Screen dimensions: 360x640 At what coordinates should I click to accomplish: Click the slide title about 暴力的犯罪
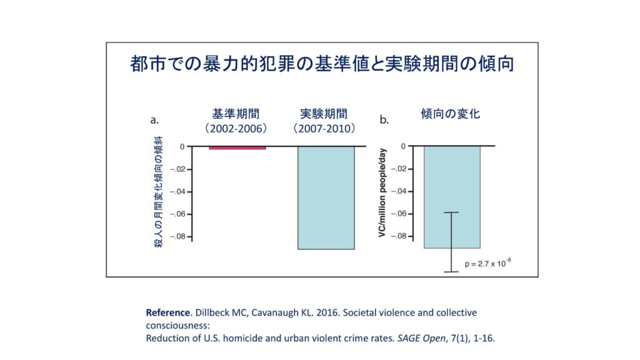click(322, 64)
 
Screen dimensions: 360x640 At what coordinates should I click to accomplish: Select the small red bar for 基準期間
click(237, 147)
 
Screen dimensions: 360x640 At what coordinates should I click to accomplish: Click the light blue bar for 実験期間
click(325, 197)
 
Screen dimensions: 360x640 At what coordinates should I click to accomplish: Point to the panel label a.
click(154, 119)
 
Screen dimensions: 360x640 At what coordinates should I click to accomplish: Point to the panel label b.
click(384, 119)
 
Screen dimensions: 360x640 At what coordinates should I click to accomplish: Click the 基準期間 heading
click(236, 114)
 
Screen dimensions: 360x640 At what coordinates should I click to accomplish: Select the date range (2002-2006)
click(236, 128)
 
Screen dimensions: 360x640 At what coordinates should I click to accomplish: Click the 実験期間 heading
click(324, 114)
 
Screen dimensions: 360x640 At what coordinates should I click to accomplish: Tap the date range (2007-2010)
click(324, 128)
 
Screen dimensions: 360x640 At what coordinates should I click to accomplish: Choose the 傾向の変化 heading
click(451, 114)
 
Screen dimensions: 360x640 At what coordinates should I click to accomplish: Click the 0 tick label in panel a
click(182, 146)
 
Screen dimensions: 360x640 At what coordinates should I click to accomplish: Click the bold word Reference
click(166, 312)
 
